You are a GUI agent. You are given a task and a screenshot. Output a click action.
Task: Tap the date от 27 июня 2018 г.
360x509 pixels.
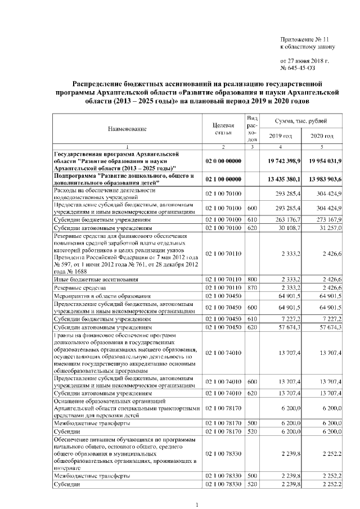(304, 60)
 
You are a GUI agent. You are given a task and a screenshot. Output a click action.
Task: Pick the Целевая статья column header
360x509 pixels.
(223, 128)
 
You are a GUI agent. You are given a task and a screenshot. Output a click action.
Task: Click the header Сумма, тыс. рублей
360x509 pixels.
(299, 121)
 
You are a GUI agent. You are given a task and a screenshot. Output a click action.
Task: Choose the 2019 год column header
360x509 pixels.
(280, 136)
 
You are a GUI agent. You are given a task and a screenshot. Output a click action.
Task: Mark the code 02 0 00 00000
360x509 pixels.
(223, 161)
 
